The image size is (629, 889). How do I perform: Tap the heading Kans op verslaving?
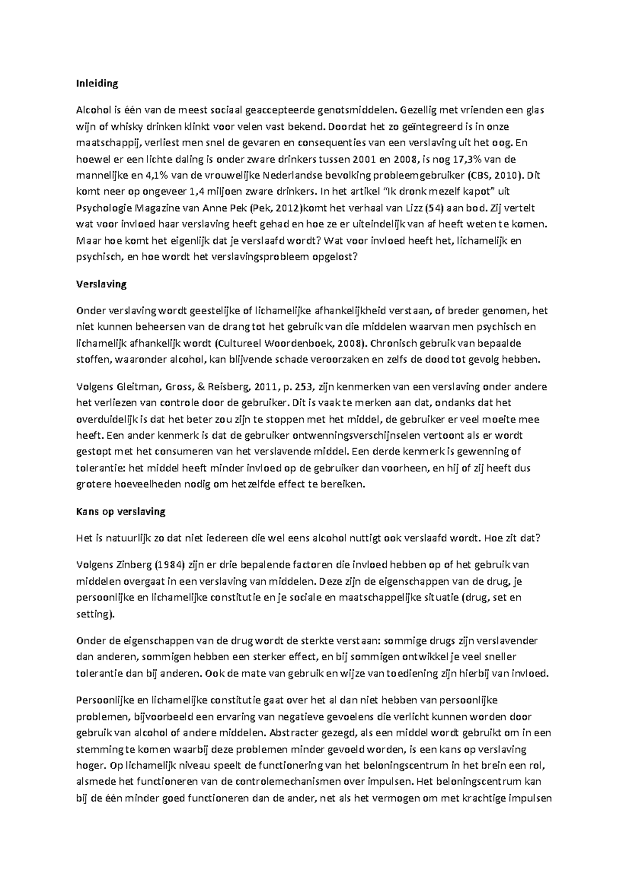click(121, 512)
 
